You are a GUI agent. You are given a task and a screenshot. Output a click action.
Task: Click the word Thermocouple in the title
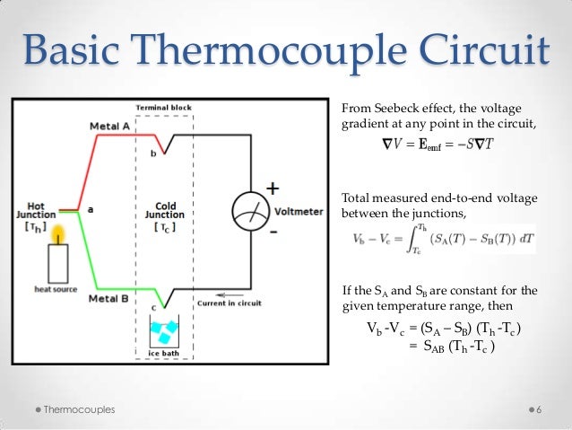pyautogui.click(x=269, y=53)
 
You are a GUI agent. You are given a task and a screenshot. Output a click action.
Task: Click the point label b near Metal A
pyautogui.click(x=153, y=154)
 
